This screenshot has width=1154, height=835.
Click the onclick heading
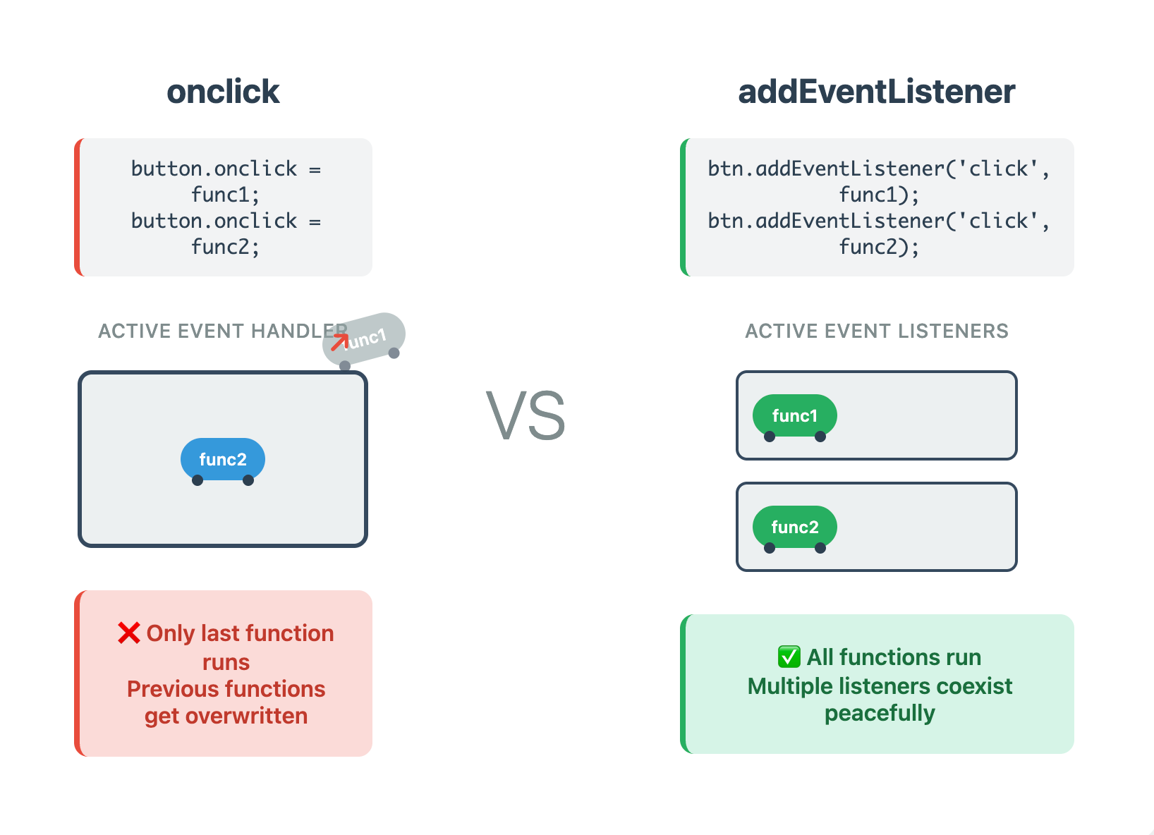(x=223, y=92)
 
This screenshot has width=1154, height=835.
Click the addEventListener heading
(x=876, y=92)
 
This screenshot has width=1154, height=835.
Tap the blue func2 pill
(x=223, y=459)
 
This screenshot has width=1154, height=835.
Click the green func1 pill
(x=794, y=415)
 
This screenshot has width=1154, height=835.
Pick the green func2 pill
(x=794, y=527)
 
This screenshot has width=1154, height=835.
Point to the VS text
(x=526, y=416)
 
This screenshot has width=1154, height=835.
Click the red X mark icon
(x=129, y=633)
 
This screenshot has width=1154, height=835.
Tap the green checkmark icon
(x=789, y=657)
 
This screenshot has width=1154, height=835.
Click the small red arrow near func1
(x=339, y=342)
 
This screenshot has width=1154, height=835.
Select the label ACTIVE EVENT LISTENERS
(x=876, y=331)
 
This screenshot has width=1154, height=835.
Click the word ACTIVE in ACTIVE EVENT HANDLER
(x=134, y=331)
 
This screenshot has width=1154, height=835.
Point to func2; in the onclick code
(x=225, y=247)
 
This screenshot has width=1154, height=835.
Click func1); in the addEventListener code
(x=878, y=195)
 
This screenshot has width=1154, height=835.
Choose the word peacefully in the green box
(x=880, y=713)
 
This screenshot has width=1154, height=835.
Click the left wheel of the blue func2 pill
(x=198, y=480)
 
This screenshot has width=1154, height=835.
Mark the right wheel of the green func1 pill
(x=820, y=437)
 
